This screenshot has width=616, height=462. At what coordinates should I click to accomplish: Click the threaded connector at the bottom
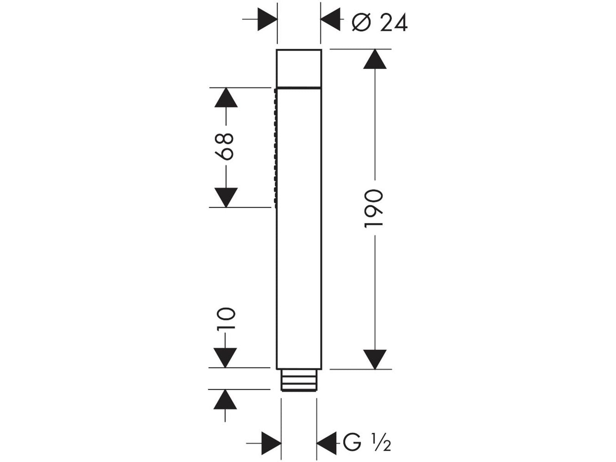point(299,380)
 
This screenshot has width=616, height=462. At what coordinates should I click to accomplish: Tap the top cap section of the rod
point(299,69)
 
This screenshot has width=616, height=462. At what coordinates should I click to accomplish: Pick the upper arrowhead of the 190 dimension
point(375,59)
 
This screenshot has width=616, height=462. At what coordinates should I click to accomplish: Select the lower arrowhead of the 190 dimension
point(375,359)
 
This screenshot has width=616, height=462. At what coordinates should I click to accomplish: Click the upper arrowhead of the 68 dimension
point(226,97)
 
